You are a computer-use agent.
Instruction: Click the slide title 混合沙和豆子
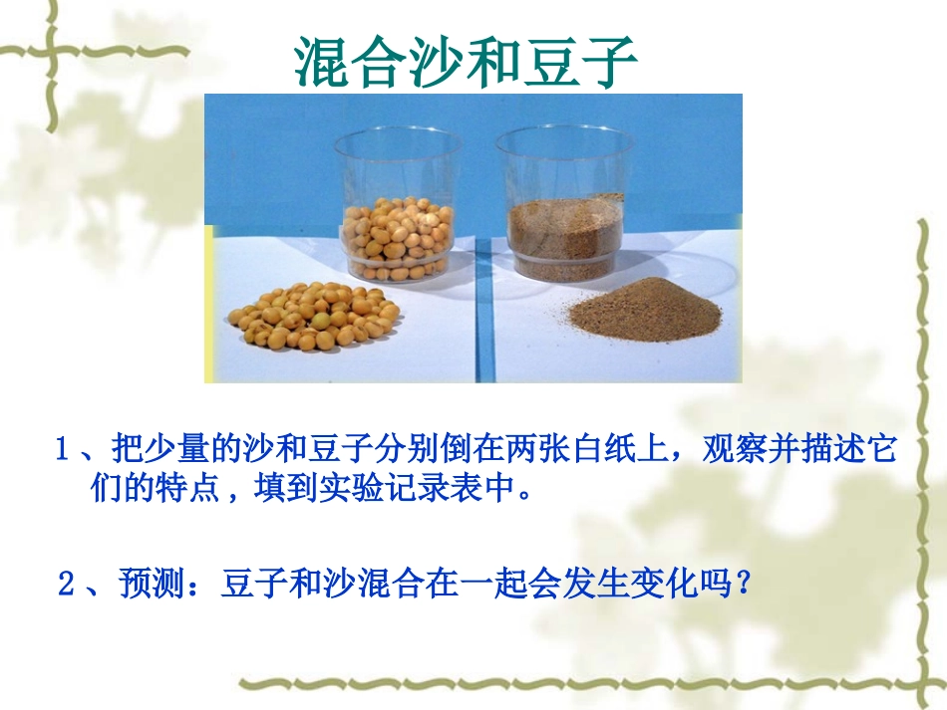coord(466,61)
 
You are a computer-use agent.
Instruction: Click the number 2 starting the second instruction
coord(66,584)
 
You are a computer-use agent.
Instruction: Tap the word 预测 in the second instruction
coord(149,584)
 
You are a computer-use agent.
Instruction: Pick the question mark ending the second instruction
coord(740,584)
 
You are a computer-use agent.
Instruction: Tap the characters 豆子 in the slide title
coord(585,61)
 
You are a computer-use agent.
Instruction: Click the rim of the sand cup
coord(564,132)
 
